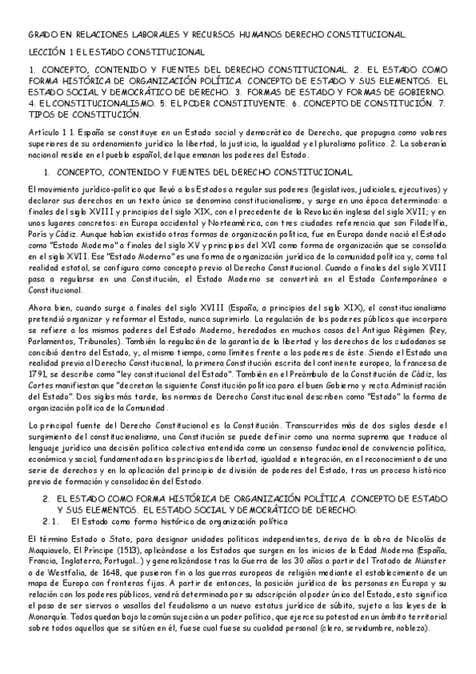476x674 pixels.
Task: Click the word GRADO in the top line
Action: (39, 35)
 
